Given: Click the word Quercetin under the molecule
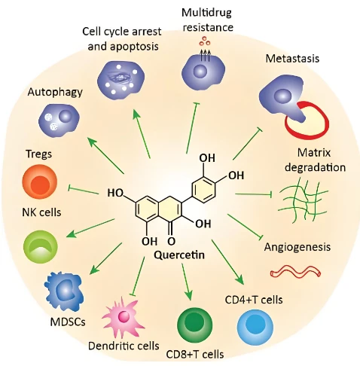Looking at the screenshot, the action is pyautogui.click(x=179, y=255).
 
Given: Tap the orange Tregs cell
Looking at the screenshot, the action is pyautogui.click(x=40, y=181).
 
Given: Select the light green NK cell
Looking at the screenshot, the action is pyautogui.click(x=40, y=247).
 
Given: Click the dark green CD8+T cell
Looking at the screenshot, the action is pyautogui.click(x=195, y=325).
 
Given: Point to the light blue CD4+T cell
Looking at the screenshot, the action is pyautogui.click(x=255, y=327).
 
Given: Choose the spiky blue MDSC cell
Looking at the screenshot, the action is pyautogui.click(x=64, y=289).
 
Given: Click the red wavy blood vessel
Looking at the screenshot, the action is pyautogui.click(x=295, y=272).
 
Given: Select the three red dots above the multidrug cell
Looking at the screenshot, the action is pyautogui.click(x=205, y=41).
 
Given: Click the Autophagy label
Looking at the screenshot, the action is pyautogui.click(x=55, y=93).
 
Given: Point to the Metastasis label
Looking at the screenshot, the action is pyautogui.click(x=292, y=59).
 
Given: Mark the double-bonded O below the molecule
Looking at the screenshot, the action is pyautogui.click(x=171, y=241).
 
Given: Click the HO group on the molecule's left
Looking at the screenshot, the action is pyautogui.click(x=115, y=193).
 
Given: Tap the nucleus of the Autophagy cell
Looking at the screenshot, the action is pyautogui.click(x=66, y=116).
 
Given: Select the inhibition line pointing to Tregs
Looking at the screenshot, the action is pyautogui.click(x=84, y=191).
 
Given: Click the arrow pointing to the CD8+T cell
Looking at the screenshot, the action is pyautogui.click(x=186, y=282).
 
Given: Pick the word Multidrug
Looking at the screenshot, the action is pyautogui.click(x=206, y=13).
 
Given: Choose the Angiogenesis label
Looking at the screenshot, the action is pyautogui.click(x=297, y=248).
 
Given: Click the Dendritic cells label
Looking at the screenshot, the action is pyautogui.click(x=124, y=346).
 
